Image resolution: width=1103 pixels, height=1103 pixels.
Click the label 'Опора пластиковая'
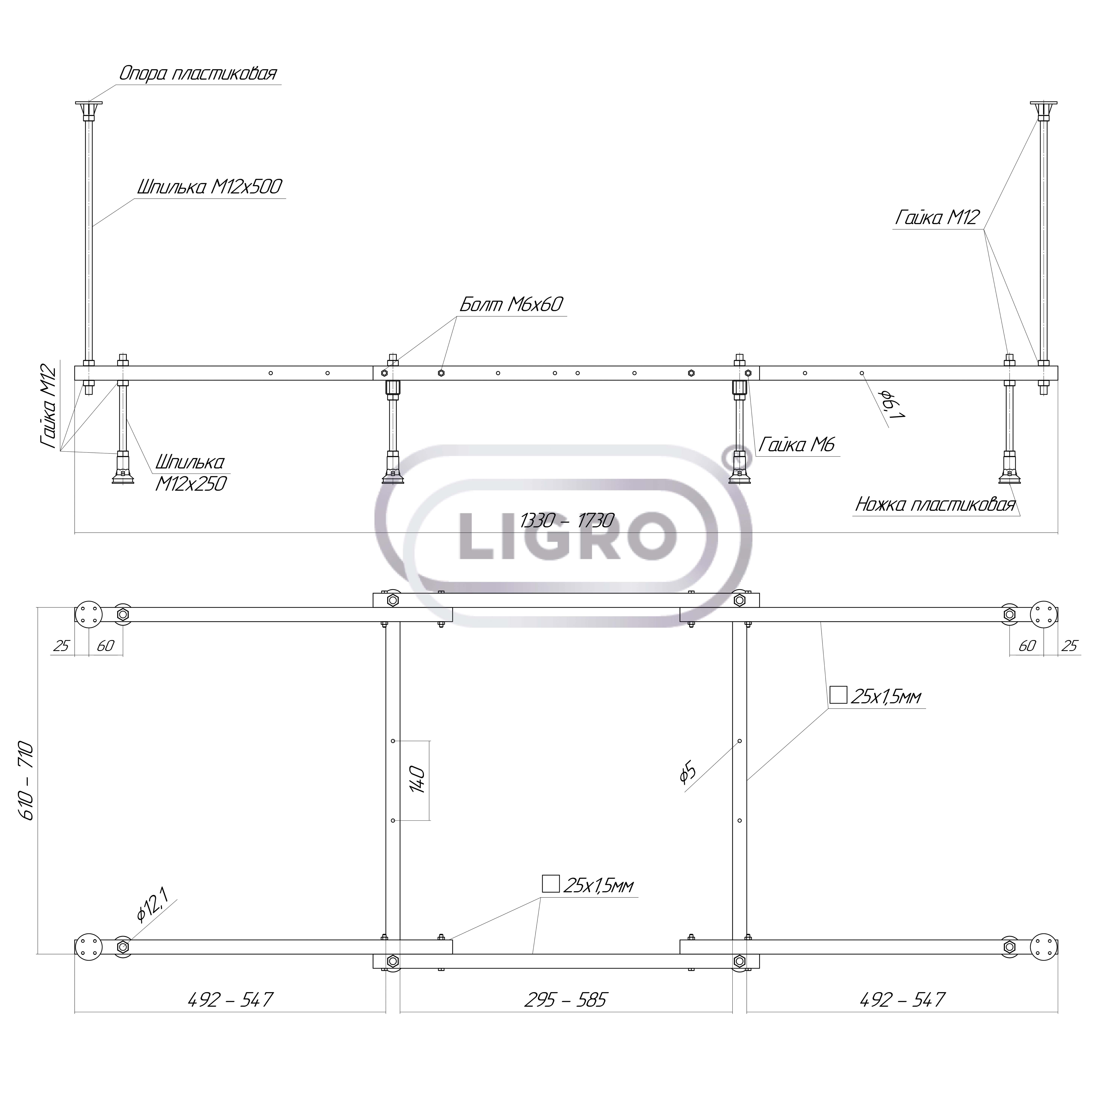click(x=198, y=73)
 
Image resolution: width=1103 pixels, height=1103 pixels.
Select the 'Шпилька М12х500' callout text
click(x=210, y=187)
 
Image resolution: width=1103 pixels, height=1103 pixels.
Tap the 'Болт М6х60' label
click(x=512, y=304)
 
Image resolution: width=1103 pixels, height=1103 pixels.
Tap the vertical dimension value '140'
click(x=417, y=780)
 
